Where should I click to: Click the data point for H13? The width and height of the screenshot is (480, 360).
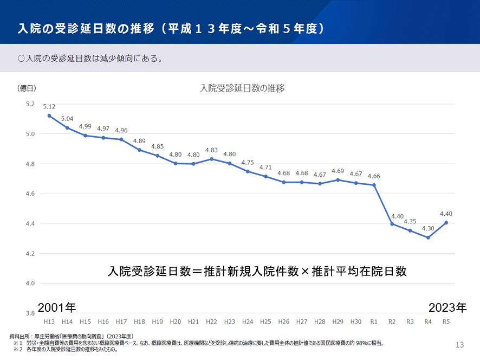coord(49,115)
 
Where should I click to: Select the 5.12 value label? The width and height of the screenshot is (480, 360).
coord(49,107)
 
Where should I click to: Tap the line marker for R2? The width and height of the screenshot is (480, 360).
coord(392,223)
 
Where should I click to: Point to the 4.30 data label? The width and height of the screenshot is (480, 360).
coord(428,228)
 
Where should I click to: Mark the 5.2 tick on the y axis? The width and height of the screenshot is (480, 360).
coord(30,104)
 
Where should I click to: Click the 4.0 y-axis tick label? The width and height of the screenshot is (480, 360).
coord(30,284)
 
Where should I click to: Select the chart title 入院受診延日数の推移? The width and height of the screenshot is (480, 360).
coord(242,88)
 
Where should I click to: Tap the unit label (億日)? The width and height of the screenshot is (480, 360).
coord(27,88)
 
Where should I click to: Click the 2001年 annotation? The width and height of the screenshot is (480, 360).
coord(57,307)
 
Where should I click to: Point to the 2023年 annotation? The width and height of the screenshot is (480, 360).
coord(447,307)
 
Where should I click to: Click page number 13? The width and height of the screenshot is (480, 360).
coord(459,344)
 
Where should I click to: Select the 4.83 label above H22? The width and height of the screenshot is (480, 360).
coord(211,150)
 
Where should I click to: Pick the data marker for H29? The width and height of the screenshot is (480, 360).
coord(338,180)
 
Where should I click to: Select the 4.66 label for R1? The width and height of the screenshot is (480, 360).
coord(374,176)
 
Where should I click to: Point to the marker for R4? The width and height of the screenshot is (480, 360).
coord(428,237)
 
